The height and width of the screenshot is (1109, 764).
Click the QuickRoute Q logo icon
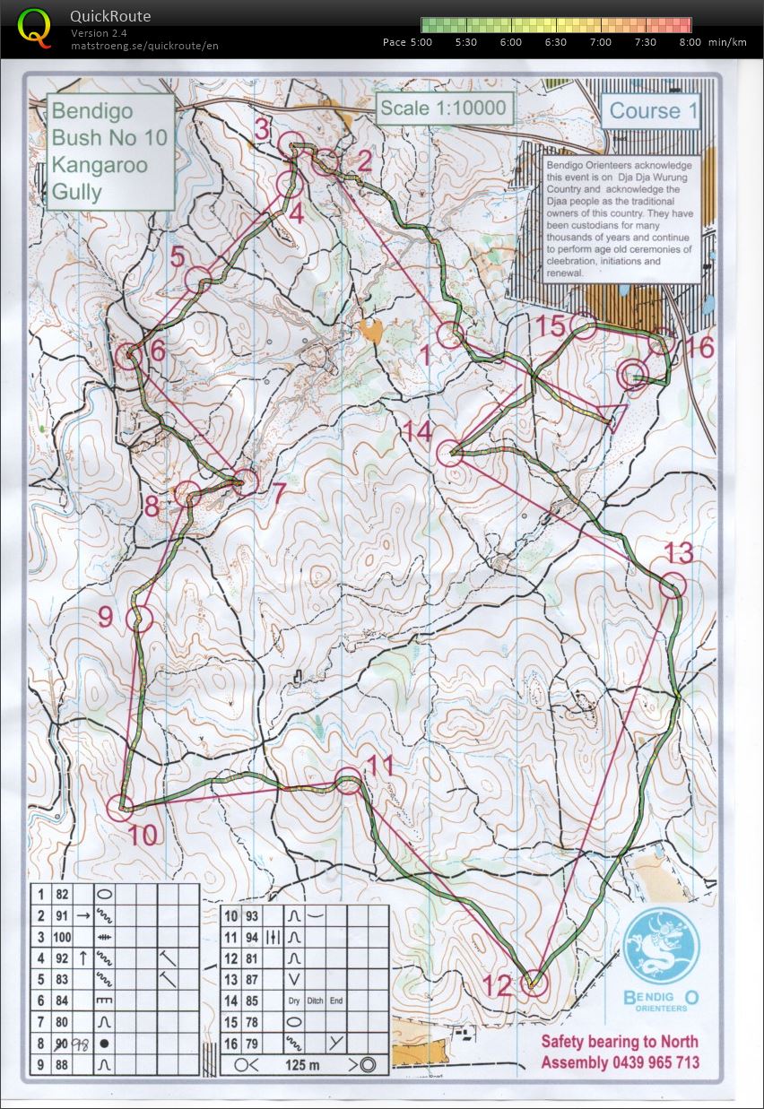pyautogui.click(x=35, y=27)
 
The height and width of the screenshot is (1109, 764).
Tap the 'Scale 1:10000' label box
pyautogui.click(x=444, y=109)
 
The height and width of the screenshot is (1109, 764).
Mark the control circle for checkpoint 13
pyautogui.click(x=673, y=586)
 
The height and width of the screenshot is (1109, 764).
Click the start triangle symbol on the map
pyautogui.click(x=613, y=417)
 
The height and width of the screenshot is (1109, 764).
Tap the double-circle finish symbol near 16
pyautogui.click(x=633, y=375)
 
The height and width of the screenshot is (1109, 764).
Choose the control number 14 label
pyautogui.click(x=417, y=431)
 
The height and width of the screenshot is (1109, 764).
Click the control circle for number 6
pyautogui.click(x=130, y=356)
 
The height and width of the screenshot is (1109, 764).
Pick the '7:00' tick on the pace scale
pyautogui.click(x=601, y=42)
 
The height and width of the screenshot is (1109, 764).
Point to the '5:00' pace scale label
pyautogui.click(x=421, y=42)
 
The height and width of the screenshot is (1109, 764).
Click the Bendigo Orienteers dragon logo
pyautogui.click(x=661, y=947)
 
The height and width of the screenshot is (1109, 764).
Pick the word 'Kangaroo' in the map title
pyautogui.click(x=99, y=164)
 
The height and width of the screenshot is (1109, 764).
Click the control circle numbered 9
pyautogui.click(x=139, y=618)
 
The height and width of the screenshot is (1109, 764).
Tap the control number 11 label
pyautogui.click(x=381, y=766)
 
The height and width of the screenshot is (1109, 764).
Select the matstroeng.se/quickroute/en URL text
pyautogui.click(x=144, y=46)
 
